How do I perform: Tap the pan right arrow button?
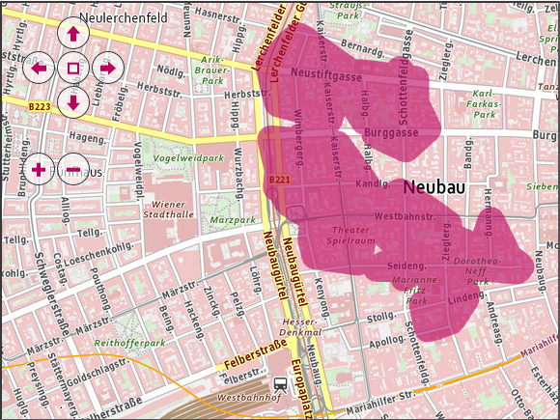point(107,68)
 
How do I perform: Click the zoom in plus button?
point(39,170)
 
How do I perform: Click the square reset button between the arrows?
point(73,68)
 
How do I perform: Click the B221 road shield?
point(279,180)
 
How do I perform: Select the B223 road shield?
point(40,106)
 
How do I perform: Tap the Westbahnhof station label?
point(249,397)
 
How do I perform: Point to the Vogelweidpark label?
point(188,157)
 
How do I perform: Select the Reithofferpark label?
point(131,342)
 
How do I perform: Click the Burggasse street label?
point(391,133)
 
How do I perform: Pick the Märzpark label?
point(233,220)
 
